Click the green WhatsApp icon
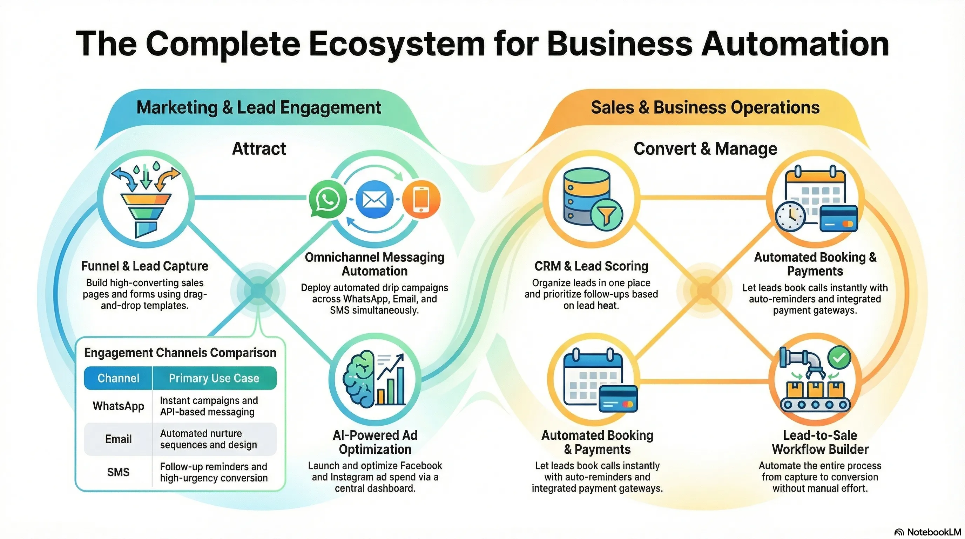click(x=328, y=199)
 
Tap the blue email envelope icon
click(x=374, y=199)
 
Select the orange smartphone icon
click(x=421, y=199)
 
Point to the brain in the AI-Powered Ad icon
click(x=359, y=379)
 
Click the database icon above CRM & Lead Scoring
click(x=587, y=197)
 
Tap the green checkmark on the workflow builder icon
click(x=839, y=357)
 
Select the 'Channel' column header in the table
click(x=119, y=378)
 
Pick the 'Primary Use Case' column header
click(x=214, y=378)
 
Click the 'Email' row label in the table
click(x=119, y=439)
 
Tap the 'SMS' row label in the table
click(x=119, y=472)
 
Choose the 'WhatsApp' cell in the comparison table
click(x=119, y=406)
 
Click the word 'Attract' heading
click(x=259, y=149)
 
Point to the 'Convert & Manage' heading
click(x=706, y=149)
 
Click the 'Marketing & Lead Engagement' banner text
click(x=259, y=108)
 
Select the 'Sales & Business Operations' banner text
click(x=706, y=108)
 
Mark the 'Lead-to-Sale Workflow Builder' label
click(x=820, y=442)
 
